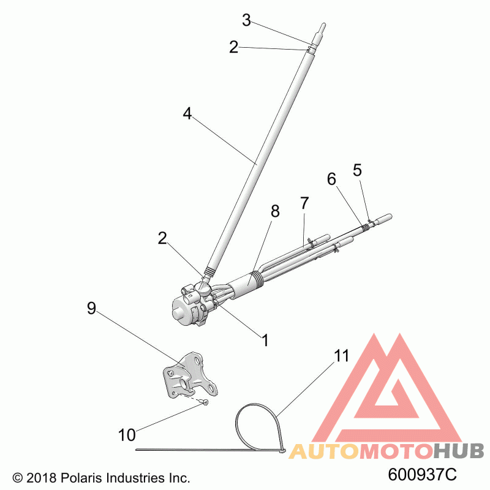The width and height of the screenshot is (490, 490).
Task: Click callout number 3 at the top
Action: [246, 21]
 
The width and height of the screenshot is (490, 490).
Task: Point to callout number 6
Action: [331, 179]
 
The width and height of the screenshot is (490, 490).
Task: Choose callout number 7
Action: [304, 202]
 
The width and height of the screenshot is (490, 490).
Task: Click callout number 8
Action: [275, 211]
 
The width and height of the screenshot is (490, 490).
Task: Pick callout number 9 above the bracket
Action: [91, 309]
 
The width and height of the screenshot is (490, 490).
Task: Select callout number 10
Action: [127, 435]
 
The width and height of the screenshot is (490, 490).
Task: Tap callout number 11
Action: [341, 355]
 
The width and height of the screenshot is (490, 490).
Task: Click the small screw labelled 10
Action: [205, 402]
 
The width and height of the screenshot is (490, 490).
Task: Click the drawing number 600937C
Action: [423, 475]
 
